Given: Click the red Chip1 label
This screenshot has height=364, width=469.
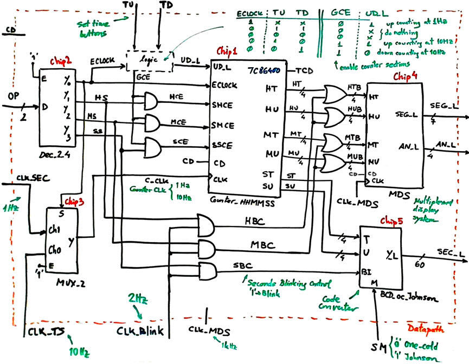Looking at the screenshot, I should click(227, 51).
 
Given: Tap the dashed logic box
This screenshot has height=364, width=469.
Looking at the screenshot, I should click(149, 61).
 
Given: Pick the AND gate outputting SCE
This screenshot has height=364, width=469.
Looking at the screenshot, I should click(151, 146).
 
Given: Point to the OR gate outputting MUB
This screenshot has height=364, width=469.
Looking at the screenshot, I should click(333, 162).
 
